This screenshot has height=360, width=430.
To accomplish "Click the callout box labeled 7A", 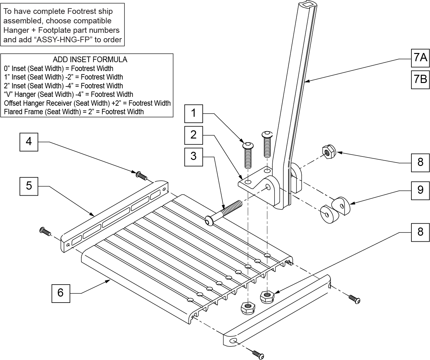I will click(420, 58).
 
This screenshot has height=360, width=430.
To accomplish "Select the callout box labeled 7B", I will click(420, 79).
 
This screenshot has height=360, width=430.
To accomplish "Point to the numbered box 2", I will click(194, 135).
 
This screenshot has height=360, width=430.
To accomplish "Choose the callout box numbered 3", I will click(194, 156).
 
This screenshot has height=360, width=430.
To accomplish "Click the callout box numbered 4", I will click(29, 142).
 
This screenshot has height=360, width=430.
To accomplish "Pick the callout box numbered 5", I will click(29, 186).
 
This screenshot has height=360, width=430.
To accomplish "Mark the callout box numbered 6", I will click(61, 293).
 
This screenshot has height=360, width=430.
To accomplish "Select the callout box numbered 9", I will click(420, 190).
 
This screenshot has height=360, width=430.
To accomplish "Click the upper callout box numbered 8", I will click(420, 162).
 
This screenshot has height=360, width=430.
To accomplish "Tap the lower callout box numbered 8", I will click(420, 232).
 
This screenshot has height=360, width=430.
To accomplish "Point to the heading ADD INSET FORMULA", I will click(90, 59).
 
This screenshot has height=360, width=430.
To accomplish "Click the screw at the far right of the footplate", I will click(354, 298).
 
